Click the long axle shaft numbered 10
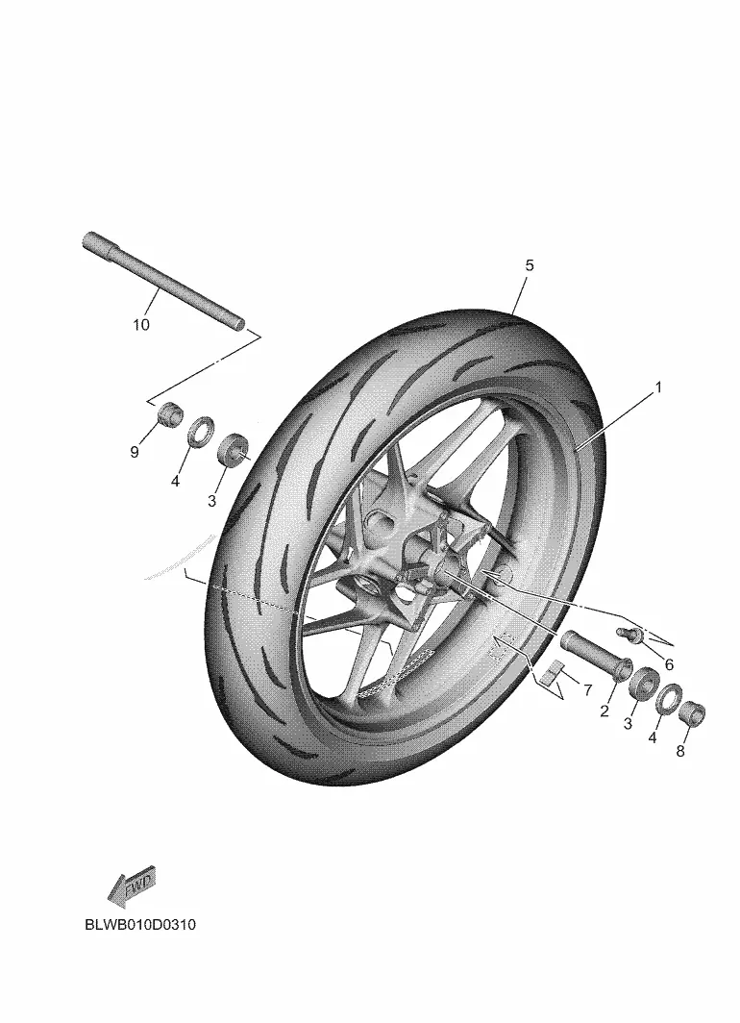pyautogui.click(x=163, y=281)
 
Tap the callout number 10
pyautogui.click(x=141, y=325)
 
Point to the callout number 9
pyautogui.click(x=135, y=452)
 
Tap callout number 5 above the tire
pyautogui.click(x=530, y=265)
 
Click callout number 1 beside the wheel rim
pyautogui.click(x=658, y=387)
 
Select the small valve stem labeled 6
pyautogui.click(x=625, y=633)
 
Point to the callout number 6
pyautogui.click(x=668, y=664)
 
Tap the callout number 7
pyautogui.click(x=587, y=689)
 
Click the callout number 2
pyautogui.click(x=604, y=711)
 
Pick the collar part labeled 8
pyautogui.click(x=692, y=713)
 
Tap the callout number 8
pyautogui.click(x=680, y=751)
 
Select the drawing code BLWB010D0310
pyautogui.click(x=140, y=925)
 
